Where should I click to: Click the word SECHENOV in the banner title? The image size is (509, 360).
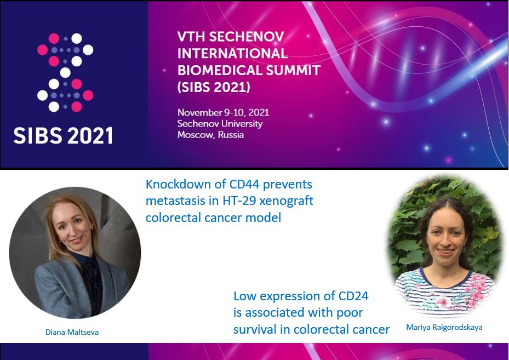[x=247, y=37]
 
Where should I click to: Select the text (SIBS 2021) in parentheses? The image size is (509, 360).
[x=214, y=87]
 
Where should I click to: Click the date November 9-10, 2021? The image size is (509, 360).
[x=224, y=113]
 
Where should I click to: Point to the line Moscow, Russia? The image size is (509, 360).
[x=211, y=135]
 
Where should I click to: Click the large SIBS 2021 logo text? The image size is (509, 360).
[x=63, y=135]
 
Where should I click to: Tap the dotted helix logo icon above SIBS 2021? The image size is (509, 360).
[x=65, y=72]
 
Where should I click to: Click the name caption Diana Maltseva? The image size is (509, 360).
[x=72, y=332]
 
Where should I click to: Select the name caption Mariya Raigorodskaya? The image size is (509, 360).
[x=444, y=327]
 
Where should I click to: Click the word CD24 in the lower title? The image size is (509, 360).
[x=353, y=296]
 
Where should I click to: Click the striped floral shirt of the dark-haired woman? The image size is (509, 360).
[x=445, y=290]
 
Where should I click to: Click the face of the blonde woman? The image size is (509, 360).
[x=73, y=226]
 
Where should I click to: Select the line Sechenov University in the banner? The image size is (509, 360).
[x=220, y=124]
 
